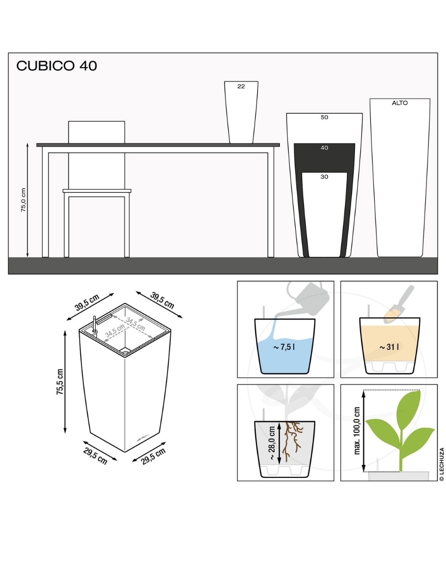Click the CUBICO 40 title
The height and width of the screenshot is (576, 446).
(x=56, y=66)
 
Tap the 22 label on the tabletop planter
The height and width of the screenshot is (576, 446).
(x=241, y=86)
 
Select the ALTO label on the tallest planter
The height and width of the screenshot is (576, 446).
(x=400, y=103)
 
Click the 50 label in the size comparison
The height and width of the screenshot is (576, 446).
(x=324, y=117)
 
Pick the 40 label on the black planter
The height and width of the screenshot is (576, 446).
(x=324, y=147)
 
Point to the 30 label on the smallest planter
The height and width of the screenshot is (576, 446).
(x=324, y=177)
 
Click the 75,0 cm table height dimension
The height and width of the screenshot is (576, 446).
(x=23, y=200)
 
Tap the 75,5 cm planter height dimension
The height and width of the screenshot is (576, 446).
(x=60, y=382)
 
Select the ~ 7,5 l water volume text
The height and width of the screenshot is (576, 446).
(x=284, y=347)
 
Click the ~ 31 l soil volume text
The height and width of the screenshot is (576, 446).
(x=389, y=347)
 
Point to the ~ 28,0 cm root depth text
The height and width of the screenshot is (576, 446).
(x=272, y=443)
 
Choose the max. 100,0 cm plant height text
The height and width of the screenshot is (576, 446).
(x=357, y=431)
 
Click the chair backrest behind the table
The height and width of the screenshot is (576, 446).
(x=96, y=132)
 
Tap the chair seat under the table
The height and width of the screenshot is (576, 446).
(x=97, y=191)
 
